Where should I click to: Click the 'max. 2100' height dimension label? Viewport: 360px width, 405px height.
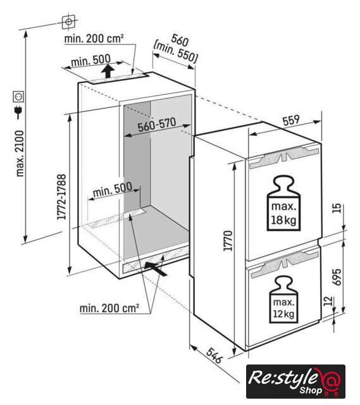[x=20, y=153]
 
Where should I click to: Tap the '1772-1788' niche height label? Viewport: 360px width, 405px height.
[x=61, y=197]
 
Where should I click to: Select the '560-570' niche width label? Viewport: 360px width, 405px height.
[x=157, y=125]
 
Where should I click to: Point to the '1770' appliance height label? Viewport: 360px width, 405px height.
[x=228, y=240]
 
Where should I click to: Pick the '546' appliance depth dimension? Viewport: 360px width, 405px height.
[x=214, y=356]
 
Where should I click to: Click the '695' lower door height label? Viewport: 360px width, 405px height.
[x=337, y=277]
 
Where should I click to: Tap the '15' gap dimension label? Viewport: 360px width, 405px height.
[x=337, y=208]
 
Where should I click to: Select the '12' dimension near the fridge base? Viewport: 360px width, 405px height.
[x=327, y=301]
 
